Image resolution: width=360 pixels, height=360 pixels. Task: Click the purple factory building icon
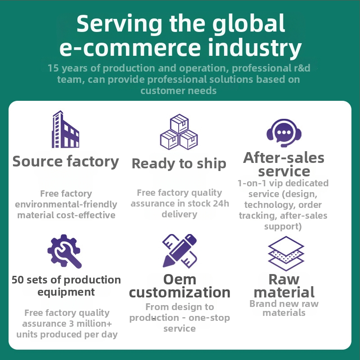(66, 129)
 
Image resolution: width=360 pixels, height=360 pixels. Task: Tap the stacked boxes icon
(179, 132)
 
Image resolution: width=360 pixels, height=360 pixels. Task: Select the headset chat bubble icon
(284, 133)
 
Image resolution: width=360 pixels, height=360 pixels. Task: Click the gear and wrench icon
(64, 251)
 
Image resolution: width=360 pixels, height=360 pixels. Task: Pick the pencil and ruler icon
(180, 251)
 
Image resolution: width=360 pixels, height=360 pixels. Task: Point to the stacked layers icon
(286, 253)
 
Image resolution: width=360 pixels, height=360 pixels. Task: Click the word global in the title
(249, 24)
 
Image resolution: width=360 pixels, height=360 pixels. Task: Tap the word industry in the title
(255, 48)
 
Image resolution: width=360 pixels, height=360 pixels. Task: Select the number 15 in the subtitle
(53, 68)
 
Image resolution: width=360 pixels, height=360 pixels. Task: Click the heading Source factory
(66, 162)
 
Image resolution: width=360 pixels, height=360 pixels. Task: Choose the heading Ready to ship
(179, 164)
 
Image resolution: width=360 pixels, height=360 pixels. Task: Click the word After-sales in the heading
(284, 158)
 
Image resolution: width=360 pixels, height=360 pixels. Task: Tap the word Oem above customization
(180, 279)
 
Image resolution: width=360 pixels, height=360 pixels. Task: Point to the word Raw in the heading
(284, 279)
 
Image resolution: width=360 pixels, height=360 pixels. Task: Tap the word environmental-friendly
(66, 204)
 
